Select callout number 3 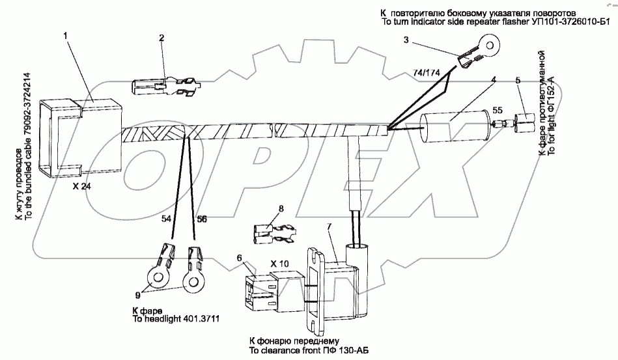[x=406, y=40]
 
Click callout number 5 [x=518, y=81]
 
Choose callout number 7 [x=330, y=226]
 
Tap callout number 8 [x=281, y=209]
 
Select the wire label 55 [x=498, y=110]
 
